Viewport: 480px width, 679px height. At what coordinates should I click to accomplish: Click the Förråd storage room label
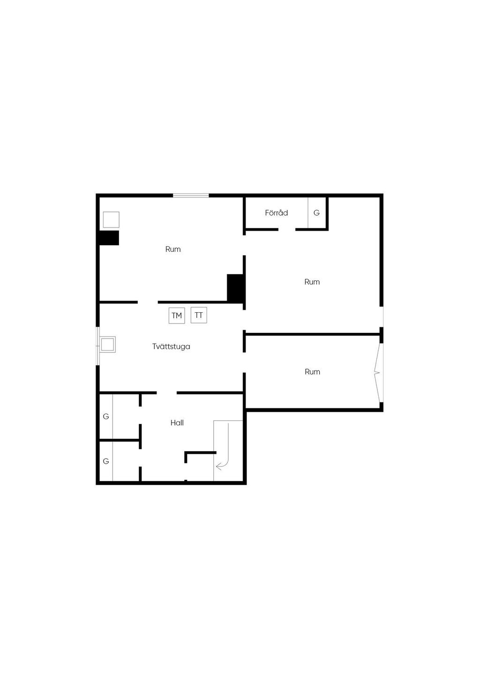tap(276, 213)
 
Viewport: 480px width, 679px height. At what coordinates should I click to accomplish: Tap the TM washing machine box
tap(177, 315)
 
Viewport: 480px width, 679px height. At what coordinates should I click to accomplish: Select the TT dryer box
tap(199, 315)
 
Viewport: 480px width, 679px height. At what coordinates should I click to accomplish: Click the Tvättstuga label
tap(171, 346)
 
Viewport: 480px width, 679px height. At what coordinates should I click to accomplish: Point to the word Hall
tap(177, 422)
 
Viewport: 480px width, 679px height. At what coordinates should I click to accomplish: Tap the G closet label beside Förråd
tap(316, 213)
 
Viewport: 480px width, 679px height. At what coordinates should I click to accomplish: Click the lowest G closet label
tap(106, 461)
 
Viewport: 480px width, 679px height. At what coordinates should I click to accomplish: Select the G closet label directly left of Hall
tap(106, 416)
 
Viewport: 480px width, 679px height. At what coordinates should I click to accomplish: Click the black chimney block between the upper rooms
tap(235, 288)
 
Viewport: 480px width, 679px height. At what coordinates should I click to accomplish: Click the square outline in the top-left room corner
tap(111, 220)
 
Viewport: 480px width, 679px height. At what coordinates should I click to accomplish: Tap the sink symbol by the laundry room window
tap(107, 344)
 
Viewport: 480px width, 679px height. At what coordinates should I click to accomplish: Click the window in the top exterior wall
tap(191, 196)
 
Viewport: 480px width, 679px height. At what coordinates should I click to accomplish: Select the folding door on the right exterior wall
tap(379, 372)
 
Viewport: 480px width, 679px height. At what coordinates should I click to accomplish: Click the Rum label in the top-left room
tap(173, 249)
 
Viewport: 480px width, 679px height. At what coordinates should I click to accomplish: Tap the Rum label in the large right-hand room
tap(312, 282)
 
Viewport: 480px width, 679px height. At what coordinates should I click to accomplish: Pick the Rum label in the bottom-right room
tap(313, 372)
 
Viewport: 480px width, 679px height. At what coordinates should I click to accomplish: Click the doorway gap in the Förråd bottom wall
tap(287, 229)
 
